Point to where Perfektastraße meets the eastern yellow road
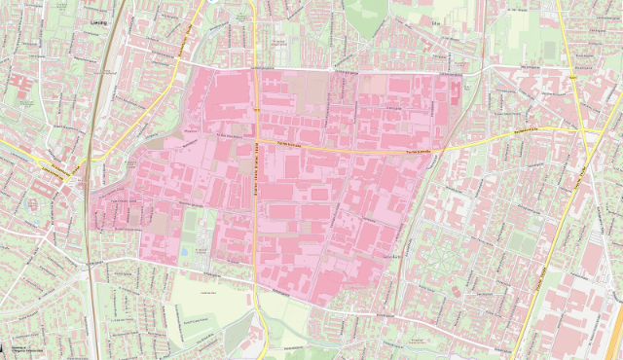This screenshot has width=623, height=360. tap(580, 128)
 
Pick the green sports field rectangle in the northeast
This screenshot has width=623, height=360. tap(550, 49)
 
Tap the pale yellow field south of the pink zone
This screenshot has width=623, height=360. tap(209, 292)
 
